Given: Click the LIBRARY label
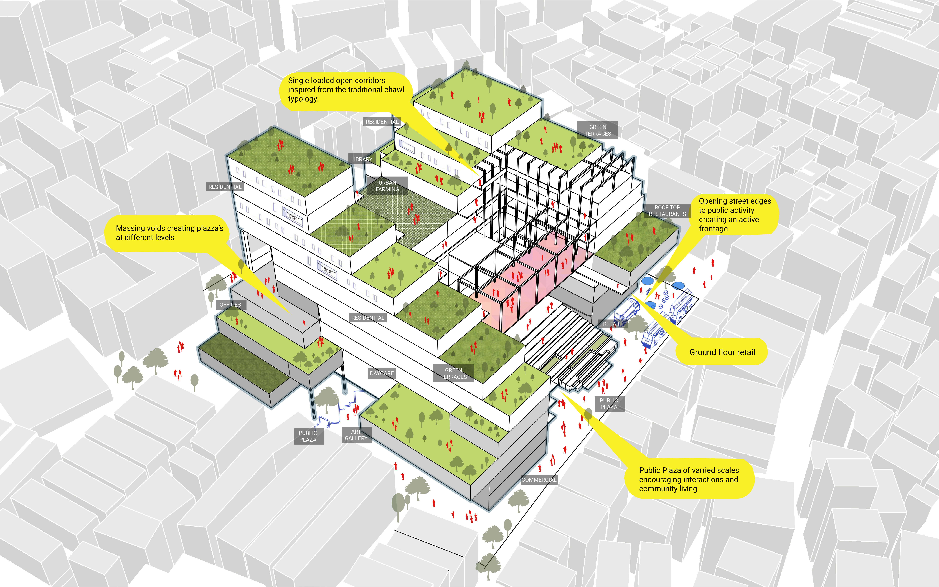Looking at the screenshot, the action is coord(361,159).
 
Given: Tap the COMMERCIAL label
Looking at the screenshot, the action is coord(539,480).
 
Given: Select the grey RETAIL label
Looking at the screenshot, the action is coord(611,324).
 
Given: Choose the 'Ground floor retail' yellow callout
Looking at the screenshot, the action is coord(722,352).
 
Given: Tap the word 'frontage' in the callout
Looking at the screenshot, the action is coord(713,229).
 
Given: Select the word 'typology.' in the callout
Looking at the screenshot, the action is coord(303,99).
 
